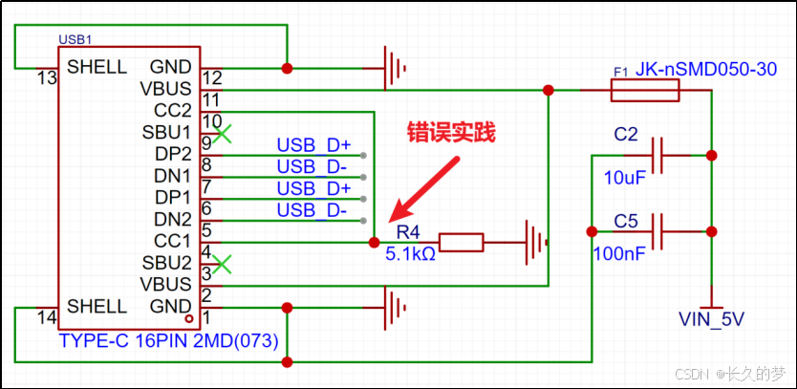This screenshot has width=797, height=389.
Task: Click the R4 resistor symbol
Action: click(x=461, y=243)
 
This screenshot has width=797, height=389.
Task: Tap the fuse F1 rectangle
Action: click(x=644, y=91)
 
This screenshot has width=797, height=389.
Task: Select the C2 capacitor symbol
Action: click(x=658, y=155)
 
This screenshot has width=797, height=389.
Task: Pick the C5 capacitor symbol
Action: click(x=658, y=231)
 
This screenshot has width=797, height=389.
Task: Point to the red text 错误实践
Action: click(x=451, y=132)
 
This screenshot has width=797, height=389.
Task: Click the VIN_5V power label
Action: click(x=712, y=319)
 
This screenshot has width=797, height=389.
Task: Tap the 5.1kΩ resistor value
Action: click(x=410, y=253)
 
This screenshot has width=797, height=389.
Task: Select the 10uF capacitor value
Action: click(x=625, y=178)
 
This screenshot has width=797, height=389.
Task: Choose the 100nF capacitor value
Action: click(x=618, y=253)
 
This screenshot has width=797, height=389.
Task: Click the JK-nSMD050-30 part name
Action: click(x=706, y=70)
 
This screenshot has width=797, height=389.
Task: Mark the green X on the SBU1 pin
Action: click(x=222, y=134)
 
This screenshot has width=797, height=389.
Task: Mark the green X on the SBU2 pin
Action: click(x=222, y=264)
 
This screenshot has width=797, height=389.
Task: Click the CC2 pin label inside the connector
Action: click(x=172, y=110)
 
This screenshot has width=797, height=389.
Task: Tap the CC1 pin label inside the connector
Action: click(x=172, y=240)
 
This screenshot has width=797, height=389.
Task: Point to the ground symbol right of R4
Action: click(x=535, y=243)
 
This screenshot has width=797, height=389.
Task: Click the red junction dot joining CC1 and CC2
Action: click(x=374, y=243)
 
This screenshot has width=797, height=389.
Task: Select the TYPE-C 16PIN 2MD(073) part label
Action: click(x=169, y=340)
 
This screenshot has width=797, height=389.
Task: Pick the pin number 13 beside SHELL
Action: click(x=46, y=78)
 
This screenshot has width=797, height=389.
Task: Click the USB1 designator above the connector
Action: click(x=75, y=39)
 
